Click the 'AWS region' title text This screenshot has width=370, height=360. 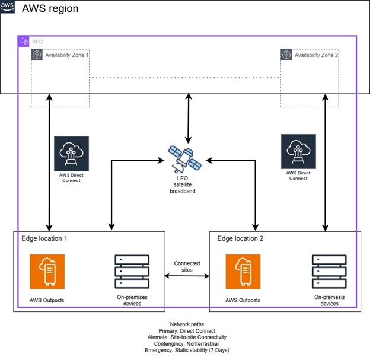50,9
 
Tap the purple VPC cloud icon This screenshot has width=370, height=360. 24,42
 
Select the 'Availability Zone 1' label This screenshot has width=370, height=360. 68,55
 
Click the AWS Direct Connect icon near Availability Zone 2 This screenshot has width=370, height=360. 298,152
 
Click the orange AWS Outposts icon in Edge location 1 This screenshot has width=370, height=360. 47,272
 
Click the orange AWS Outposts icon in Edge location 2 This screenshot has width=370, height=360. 243,272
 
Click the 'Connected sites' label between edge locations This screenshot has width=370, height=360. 187,266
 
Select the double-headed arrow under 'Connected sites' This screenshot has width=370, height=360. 187,276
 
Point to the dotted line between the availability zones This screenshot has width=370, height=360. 184,78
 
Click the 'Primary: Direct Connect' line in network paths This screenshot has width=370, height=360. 187,330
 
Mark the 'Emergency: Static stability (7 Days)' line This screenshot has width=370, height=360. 187,349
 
